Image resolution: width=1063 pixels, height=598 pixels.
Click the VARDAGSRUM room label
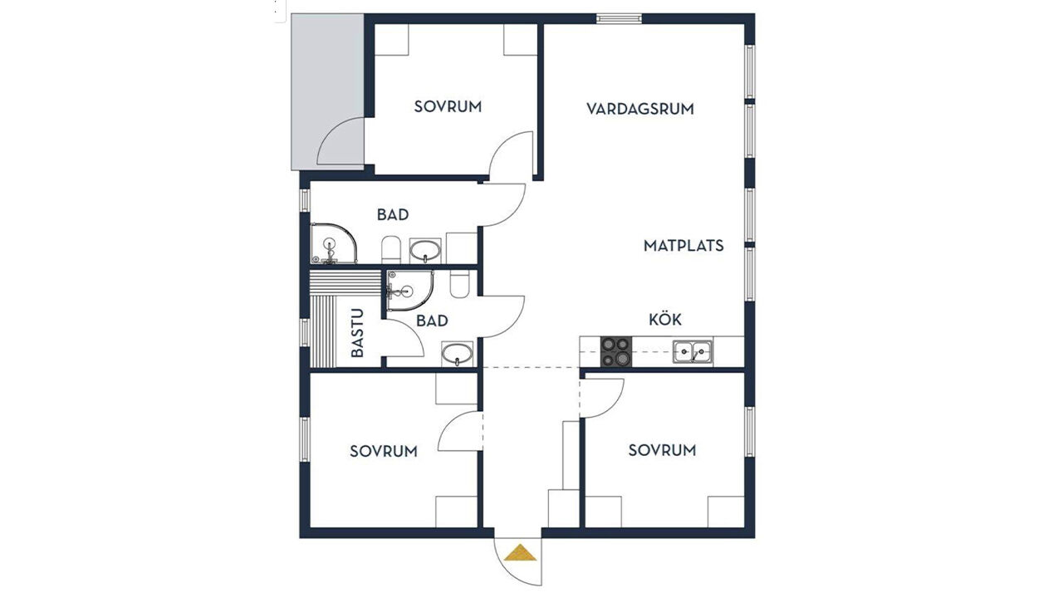tap(639, 109)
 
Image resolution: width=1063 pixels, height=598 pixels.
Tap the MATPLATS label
tap(683, 246)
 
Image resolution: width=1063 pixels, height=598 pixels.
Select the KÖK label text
tap(665, 319)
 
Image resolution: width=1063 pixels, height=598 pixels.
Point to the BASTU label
tap(357, 333)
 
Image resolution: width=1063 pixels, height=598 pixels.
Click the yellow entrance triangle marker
tap(520, 552)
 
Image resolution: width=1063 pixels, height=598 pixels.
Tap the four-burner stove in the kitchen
tap(616, 351)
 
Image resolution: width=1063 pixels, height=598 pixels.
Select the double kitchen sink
tap(693, 351)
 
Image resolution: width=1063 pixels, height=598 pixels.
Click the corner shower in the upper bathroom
tap(334, 243)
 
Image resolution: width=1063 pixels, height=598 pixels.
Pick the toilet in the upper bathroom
tap(391, 249)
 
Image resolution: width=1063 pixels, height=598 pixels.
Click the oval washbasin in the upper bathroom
tap(425, 251)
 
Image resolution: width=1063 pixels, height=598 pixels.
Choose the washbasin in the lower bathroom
tap(457, 354)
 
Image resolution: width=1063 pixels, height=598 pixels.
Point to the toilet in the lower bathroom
tap(459, 284)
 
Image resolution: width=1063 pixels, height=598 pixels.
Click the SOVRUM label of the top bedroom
tap(448, 107)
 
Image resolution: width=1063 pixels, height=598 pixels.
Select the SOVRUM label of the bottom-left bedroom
tap(384, 451)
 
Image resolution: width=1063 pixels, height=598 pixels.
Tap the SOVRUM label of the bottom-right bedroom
tap(662, 450)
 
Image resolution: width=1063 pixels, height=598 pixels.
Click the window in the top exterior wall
tap(619, 18)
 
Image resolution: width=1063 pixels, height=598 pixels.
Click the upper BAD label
tap(393, 214)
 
